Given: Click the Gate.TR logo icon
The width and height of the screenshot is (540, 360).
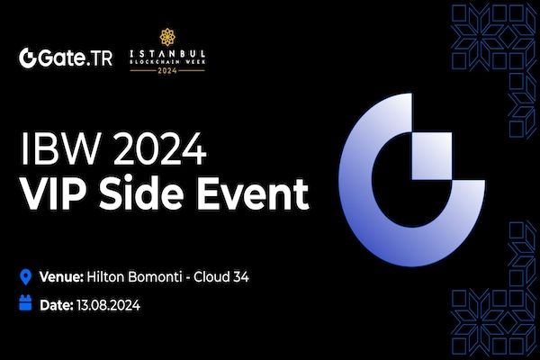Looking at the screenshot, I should coord(29,58).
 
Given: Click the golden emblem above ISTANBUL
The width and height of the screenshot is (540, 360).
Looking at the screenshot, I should coord(166,37).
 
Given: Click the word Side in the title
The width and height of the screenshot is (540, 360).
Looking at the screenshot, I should coord(136,193).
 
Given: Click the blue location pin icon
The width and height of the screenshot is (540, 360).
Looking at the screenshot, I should coord(26,275).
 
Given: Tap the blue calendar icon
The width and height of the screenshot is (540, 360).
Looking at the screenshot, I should coord(26,304).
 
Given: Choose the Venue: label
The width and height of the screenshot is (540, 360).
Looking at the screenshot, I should coord(62,275).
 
